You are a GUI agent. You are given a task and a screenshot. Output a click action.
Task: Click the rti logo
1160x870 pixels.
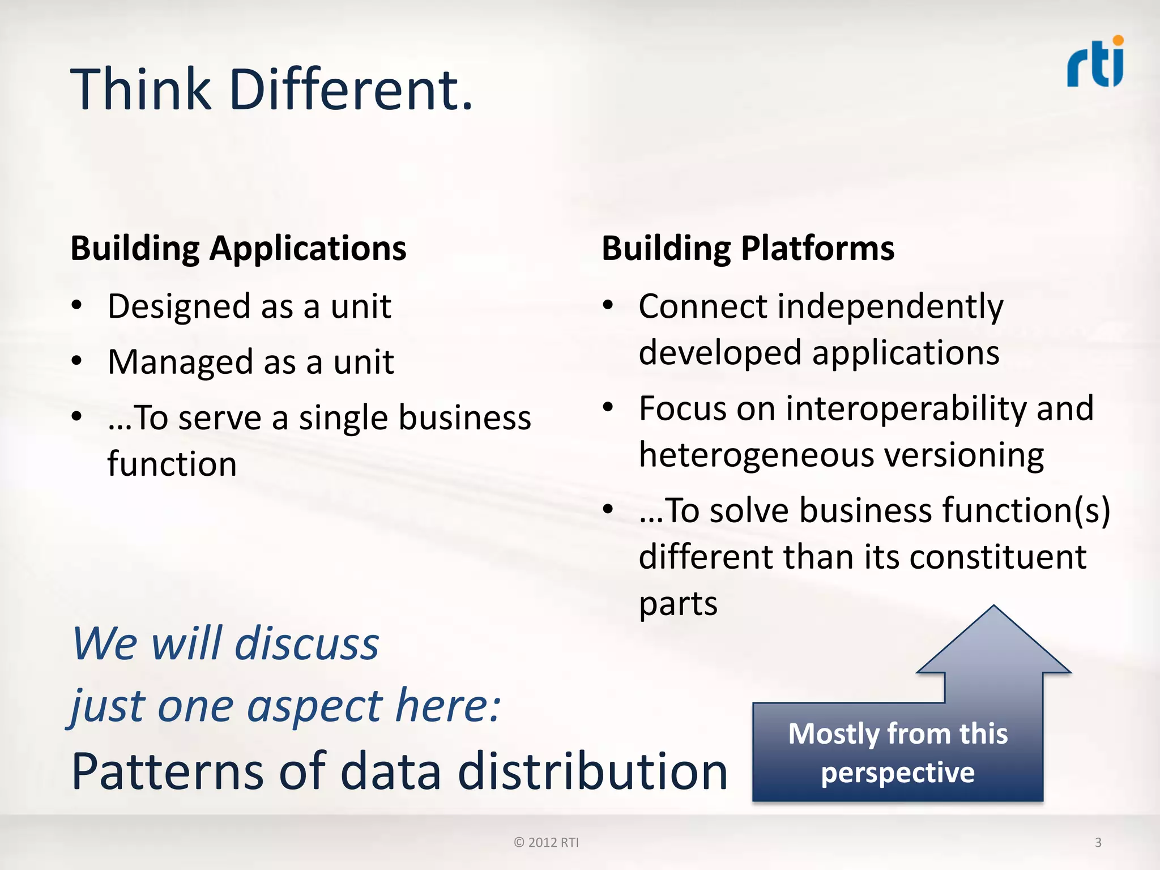pos(1095,63)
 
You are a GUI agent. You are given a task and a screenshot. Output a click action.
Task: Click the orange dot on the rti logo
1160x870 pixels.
pos(1118,40)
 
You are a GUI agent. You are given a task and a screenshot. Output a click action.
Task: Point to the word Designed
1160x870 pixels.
pos(179,306)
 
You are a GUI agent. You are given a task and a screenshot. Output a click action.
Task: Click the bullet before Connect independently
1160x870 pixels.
pos(608,305)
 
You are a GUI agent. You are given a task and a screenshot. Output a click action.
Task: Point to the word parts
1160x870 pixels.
pos(678,603)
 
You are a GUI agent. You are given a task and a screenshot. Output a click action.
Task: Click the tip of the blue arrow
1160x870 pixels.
pos(994,608)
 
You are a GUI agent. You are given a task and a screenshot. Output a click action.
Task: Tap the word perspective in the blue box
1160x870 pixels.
pos(898,773)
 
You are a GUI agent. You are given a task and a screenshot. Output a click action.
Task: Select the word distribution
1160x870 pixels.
pos(592,771)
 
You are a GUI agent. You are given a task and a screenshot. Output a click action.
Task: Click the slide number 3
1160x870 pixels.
pos(1098,842)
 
